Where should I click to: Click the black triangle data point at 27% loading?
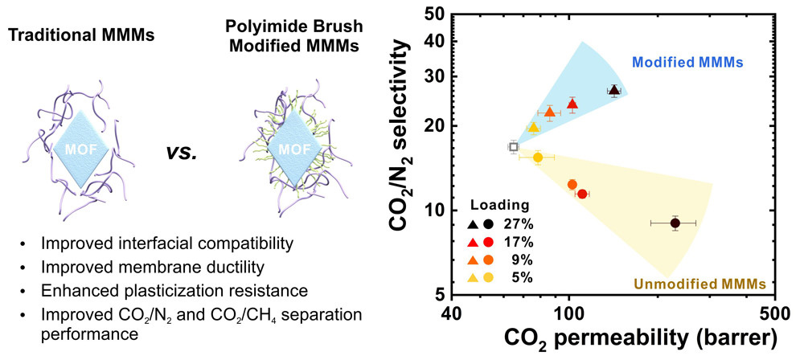click(614, 91)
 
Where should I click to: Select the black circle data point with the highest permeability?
click(675, 223)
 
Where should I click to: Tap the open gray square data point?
click(514, 146)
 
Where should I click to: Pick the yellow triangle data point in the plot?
click(533, 127)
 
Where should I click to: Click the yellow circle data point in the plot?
click(538, 157)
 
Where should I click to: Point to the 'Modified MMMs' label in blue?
click(687, 62)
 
